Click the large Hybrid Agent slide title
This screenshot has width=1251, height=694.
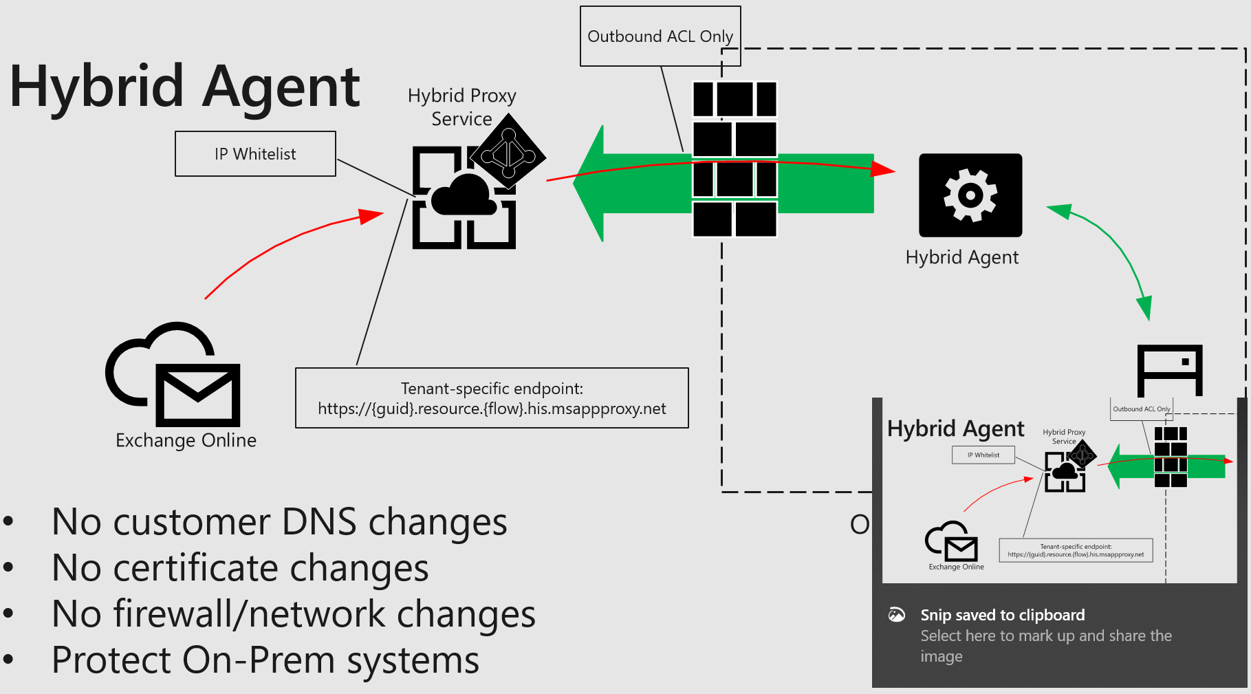click(x=184, y=87)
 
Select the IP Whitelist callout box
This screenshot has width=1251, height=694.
click(x=255, y=154)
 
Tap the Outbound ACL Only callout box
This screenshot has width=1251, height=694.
click(x=660, y=36)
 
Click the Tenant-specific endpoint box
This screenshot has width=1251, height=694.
click(x=492, y=398)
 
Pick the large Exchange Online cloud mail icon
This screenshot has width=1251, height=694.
click(x=173, y=375)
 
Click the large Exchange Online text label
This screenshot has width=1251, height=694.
click(x=186, y=441)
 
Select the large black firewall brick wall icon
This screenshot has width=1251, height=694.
click(x=735, y=160)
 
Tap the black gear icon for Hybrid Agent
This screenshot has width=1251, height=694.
click(x=970, y=195)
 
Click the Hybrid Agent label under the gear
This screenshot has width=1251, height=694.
click(x=961, y=257)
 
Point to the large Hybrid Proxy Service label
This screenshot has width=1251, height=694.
click(x=461, y=107)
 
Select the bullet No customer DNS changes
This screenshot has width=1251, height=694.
click(x=279, y=522)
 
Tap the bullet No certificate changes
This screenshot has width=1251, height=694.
click(x=240, y=568)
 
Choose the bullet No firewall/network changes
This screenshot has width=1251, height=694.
click(x=294, y=614)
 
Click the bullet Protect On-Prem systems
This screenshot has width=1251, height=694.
click(x=265, y=660)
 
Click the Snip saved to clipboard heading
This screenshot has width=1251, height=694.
click(x=1002, y=615)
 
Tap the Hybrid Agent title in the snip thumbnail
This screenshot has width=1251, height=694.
click(x=955, y=429)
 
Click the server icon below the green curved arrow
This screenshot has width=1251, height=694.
click(x=1169, y=369)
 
